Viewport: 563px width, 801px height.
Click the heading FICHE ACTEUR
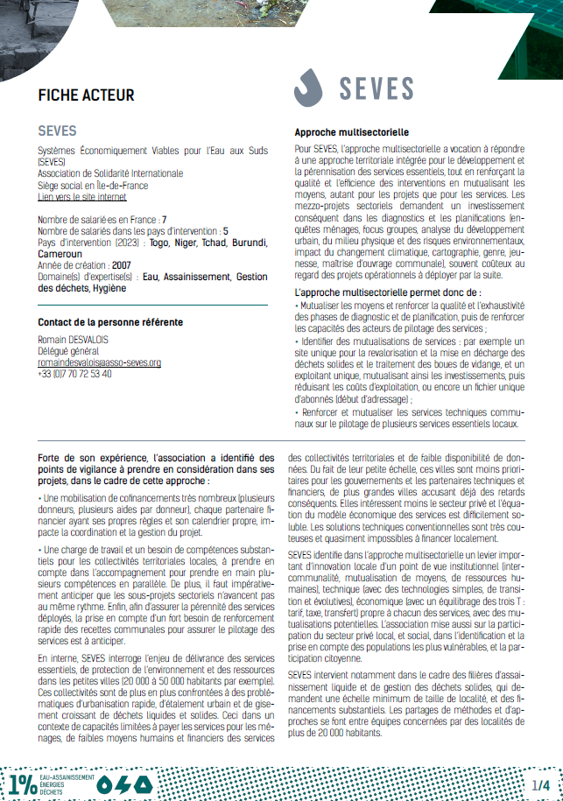86,95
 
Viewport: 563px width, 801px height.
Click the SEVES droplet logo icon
309,88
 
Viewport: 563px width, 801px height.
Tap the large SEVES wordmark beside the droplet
376,88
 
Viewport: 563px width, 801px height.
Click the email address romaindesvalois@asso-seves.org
99,362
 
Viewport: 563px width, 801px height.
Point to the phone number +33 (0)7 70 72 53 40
74,374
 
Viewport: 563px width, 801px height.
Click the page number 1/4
539,783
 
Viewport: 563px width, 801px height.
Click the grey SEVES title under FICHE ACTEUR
57,131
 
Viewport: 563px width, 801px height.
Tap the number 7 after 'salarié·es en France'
164,219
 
